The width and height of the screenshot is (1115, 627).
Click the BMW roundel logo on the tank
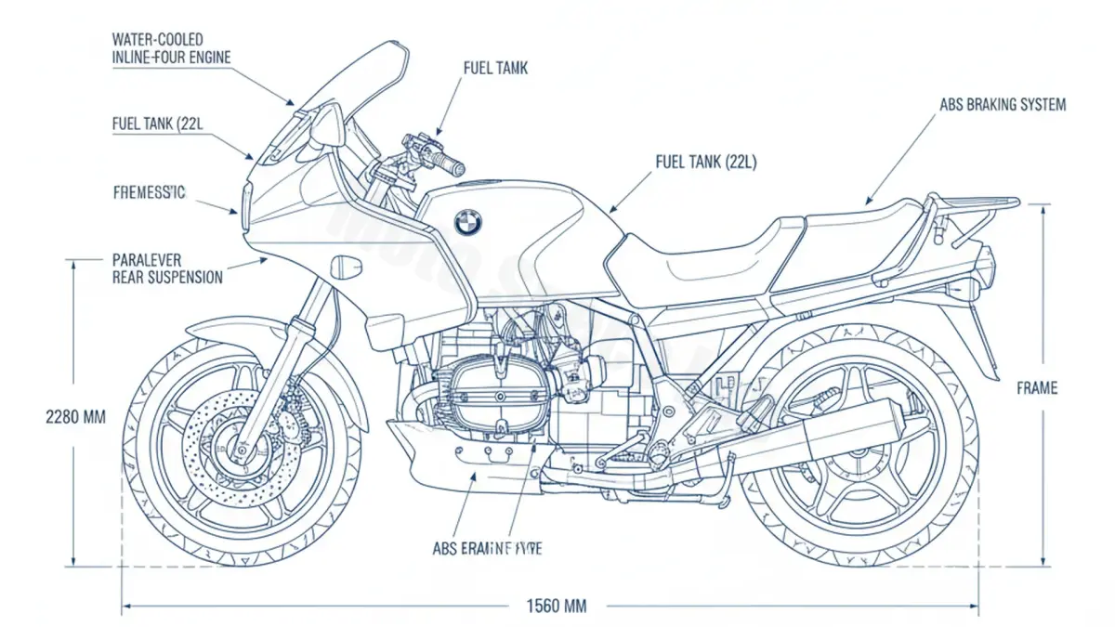[x=468, y=222]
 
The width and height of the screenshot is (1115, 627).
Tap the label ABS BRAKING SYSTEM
[x=1003, y=105]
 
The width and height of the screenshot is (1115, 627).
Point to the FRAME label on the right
[x=1037, y=388]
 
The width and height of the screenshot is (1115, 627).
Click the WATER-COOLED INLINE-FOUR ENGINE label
[x=171, y=48]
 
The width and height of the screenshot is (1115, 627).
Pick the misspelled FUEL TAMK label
[x=495, y=69]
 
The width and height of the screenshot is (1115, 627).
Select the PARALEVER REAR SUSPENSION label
[x=167, y=268]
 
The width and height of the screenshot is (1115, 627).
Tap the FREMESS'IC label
[x=149, y=193]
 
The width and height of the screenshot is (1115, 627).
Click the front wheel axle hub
[x=243, y=452]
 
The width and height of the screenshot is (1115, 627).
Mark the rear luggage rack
[x=976, y=206]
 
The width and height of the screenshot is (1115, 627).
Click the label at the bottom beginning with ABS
[x=488, y=548]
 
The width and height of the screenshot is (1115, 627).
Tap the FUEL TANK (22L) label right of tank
[x=706, y=162]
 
